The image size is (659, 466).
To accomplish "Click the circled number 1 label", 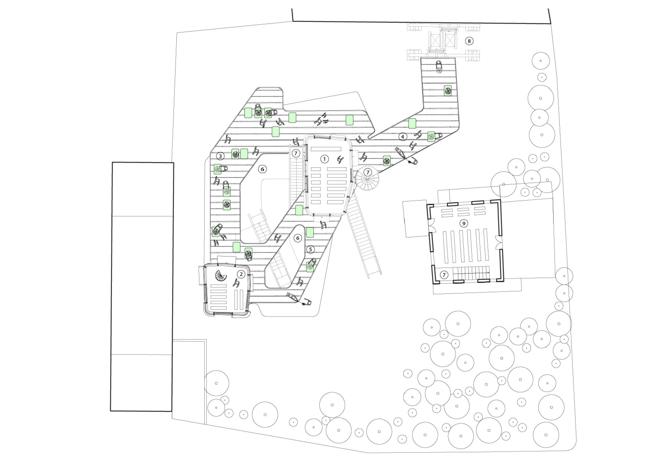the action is (324, 159).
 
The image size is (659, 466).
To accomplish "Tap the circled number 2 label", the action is (241, 274).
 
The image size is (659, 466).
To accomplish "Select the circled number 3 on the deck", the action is (220, 156).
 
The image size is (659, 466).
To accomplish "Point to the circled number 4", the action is (403, 137).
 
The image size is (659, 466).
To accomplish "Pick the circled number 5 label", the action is (310, 249).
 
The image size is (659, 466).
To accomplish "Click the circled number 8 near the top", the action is (469, 41).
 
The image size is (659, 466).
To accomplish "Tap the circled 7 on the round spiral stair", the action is (368, 172).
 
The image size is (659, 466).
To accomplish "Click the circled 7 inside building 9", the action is (444, 275).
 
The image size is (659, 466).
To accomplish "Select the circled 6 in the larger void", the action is (262, 169).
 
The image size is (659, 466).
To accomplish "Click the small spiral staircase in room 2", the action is (221, 276).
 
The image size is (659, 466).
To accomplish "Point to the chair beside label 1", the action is (340, 160).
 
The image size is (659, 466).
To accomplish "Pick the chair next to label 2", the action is (236, 283).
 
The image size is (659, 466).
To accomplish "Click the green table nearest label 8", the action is (447, 91).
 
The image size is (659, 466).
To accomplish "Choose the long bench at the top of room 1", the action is (326, 149).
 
